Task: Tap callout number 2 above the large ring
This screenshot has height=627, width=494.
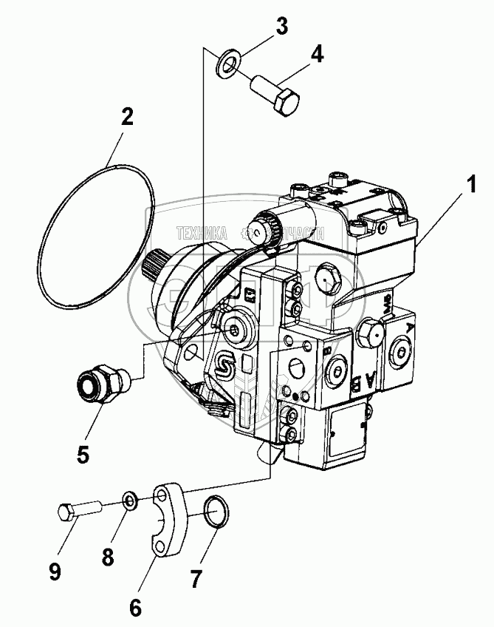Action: pos(127,117)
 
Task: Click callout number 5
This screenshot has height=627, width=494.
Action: pos(82,453)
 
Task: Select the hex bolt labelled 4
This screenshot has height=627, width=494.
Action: pos(277,95)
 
